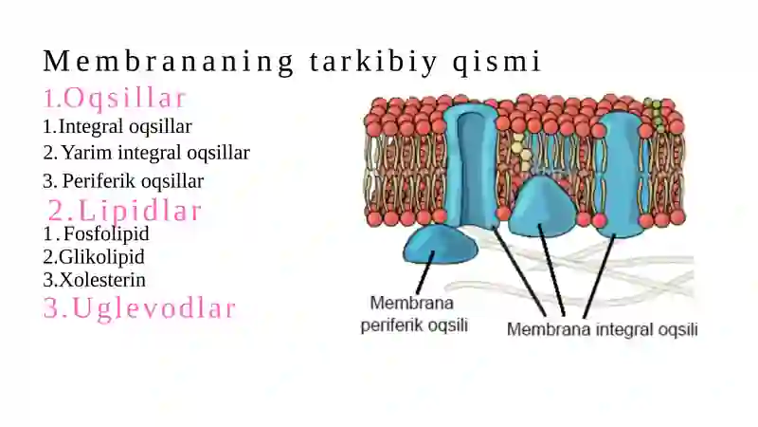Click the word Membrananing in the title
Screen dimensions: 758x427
[x=169, y=63]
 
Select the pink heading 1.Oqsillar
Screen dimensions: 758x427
[x=115, y=98]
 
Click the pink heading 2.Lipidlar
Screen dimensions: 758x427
[x=124, y=211]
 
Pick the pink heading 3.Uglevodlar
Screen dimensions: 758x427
[x=139, y=307]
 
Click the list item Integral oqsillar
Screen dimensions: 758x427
[x=125, y=126]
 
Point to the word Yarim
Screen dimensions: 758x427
[x=87, y=153]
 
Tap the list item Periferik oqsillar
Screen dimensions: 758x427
[x=133, y=181]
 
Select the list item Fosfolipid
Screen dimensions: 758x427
[x=106, y=233]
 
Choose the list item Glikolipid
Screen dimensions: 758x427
[x=101, y=256]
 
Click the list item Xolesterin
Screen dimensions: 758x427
[x=102, y=280]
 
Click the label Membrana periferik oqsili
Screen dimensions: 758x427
[x=414, y=314]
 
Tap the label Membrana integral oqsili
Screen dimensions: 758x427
[x=603, y=329]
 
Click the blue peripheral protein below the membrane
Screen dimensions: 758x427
[x=440, y=245]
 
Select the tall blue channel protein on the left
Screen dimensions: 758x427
[x=471, y=164]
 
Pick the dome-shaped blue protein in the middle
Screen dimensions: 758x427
[x=542, y=208]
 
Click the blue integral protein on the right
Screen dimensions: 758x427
[x=620, y=175]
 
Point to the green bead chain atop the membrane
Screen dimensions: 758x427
[x=655, y=114]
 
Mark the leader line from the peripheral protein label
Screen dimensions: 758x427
[x=424, y=272]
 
